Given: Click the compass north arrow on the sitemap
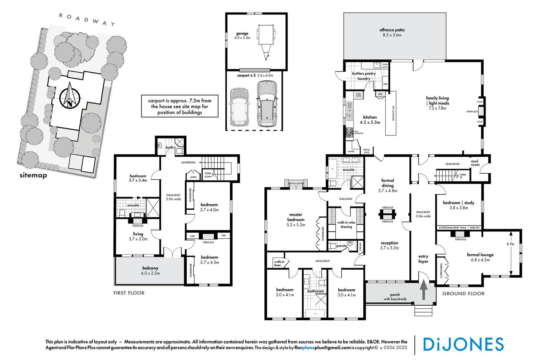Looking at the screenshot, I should click(x=69, y=96).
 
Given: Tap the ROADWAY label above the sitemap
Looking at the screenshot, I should click(x=87, y=20).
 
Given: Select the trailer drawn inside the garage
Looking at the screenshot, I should click(x=266, y=41).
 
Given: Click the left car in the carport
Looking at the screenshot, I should click(x=239, y=107).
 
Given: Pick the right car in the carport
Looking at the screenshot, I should click(x=267, y=104).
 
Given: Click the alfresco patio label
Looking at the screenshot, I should click(x=392, y=32).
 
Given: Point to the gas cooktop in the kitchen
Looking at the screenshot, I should click(x=349, y=133).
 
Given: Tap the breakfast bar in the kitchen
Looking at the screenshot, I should click(x=391, y=113).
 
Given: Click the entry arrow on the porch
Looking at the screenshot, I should click(x=424, y=290).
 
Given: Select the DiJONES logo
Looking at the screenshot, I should click(x=463, y=344).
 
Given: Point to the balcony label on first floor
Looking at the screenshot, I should click(x=150, y=270).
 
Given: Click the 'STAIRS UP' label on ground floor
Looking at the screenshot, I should click(x=462, y=176).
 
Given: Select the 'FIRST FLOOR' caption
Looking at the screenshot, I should click(x=129, y=293).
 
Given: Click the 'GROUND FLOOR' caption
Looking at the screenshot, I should click(x=463, y=293).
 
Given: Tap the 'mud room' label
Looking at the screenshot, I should click(x=475, y=163).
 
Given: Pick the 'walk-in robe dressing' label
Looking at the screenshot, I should click(x=346, y=225).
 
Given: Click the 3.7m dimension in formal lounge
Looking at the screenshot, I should click(x=510, y=244).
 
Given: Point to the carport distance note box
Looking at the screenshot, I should click(x=179, y=106).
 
